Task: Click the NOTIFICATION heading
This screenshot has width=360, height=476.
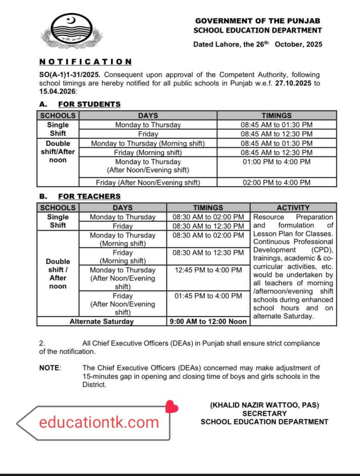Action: (85, 61)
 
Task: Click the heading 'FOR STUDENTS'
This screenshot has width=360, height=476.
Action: (89, 104)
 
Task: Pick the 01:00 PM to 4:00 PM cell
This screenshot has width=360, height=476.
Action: (276, 162)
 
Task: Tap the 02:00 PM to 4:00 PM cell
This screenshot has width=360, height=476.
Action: (276, 183)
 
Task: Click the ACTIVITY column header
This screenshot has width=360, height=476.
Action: (293, 208)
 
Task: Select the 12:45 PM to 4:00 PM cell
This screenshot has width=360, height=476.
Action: (208, 270)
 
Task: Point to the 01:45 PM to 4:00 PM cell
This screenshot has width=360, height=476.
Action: (208, 296)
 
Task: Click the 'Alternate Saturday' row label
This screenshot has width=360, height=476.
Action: (101, 321)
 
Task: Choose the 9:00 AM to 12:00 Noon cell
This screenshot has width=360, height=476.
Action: (208, 321)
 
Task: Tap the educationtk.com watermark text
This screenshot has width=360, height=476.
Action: (99, 423)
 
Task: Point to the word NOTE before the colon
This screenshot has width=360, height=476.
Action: (49, 368)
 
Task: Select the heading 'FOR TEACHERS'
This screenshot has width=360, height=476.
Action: (89, 196)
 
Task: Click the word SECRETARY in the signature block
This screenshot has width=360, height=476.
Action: (264, 413)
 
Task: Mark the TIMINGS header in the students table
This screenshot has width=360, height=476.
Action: (276, 115)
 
